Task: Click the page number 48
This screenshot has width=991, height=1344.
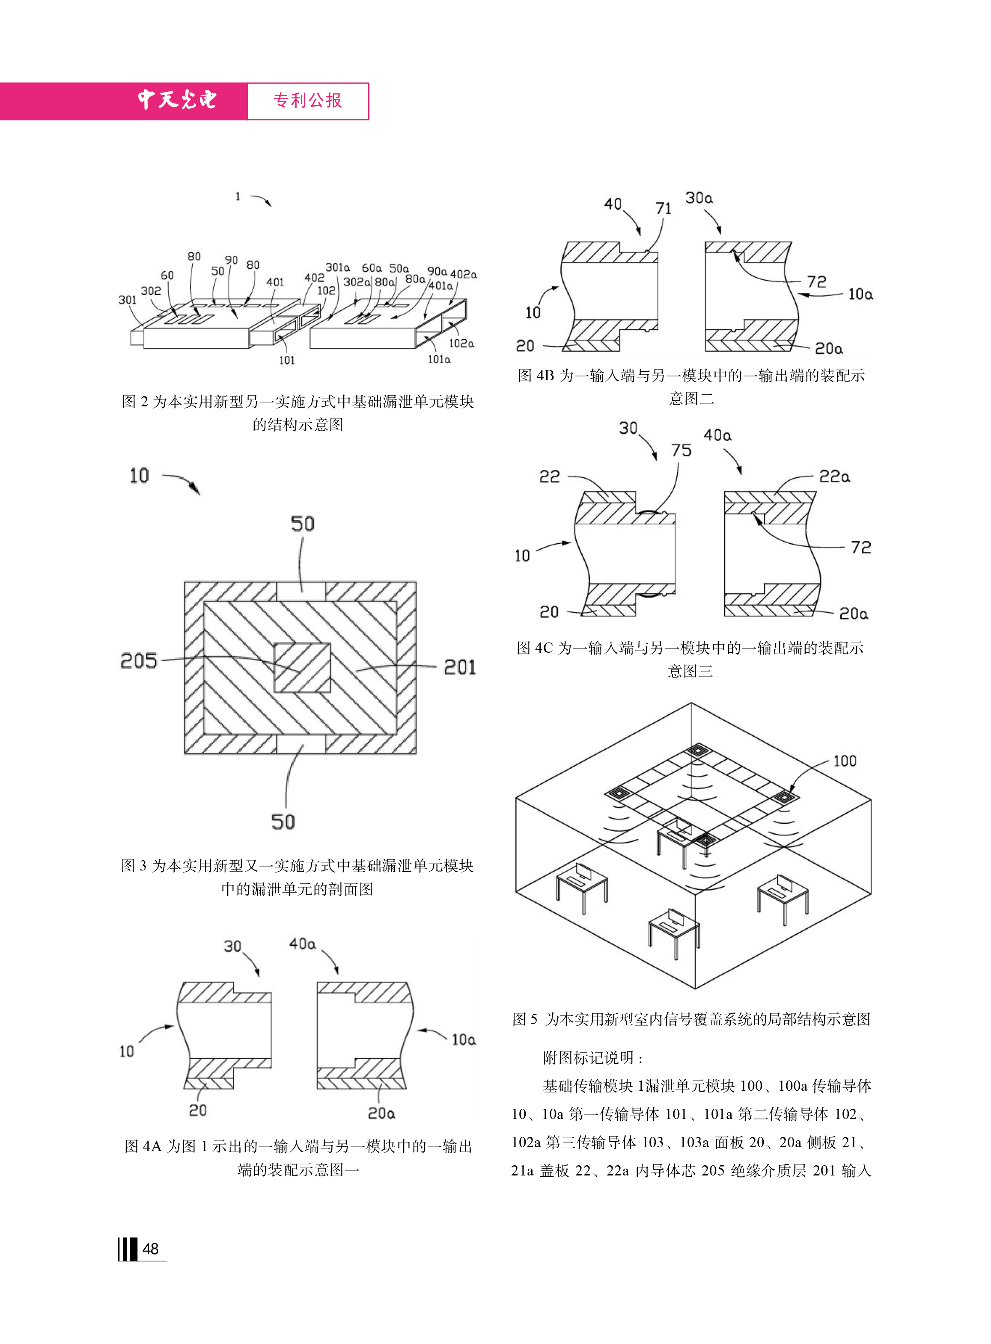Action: click(151, 1249)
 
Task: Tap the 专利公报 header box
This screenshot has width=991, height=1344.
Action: click(308, 101)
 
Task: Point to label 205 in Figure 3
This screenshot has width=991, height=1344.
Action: click(139, 660)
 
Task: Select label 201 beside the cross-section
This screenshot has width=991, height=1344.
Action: click(459, 667)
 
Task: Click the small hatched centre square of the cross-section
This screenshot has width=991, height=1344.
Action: click(302, 668)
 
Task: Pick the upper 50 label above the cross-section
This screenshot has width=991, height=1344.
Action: click(302, 524)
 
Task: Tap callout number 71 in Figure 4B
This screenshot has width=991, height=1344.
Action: click(663, 209)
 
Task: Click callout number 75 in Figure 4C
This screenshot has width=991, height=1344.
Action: click(681, 450)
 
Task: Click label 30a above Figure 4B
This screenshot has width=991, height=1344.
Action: click(699, 198)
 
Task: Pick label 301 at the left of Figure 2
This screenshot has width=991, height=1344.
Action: click(127, 300)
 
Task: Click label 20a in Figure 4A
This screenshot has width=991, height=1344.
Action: click(381, 1113)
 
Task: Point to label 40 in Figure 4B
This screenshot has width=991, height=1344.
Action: click(613, 204)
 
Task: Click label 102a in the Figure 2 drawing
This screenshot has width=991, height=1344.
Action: click(461, 343)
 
